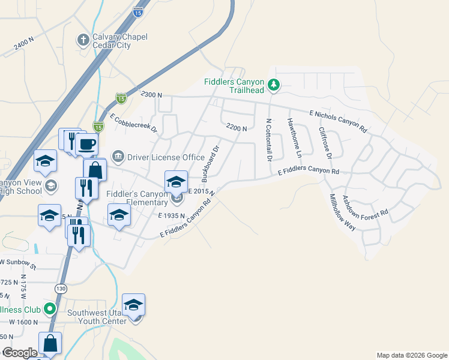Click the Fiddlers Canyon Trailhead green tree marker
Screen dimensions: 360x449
(x=274, y=85)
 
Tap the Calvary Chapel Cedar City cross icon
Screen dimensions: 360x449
(x=83, y=40)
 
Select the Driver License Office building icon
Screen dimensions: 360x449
(x=117, y=157)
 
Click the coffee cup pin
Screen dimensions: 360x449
(x=87, y=145)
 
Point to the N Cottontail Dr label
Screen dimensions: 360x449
(x=268, y=140)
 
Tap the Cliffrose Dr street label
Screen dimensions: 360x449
(x=325, y=143)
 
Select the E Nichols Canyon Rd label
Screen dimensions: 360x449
(x=338, y=121)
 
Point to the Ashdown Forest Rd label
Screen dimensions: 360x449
(x=366, y=205)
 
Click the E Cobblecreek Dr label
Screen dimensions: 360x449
(x=133, y=122)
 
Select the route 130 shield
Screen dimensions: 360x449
(x=61, y=289)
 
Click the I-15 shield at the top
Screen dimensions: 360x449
(x=139, y=11)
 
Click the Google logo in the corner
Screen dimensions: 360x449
(x=20, y=353)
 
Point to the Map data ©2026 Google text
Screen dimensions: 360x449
(x=412, y=355)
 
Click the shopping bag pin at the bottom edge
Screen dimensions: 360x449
(x=50, y=344)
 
